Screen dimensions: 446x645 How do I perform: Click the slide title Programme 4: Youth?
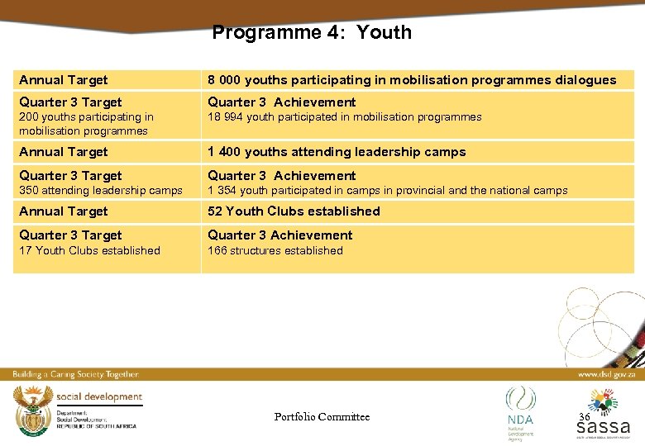coord(311,33)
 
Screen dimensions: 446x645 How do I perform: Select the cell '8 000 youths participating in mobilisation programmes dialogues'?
coord(411,80)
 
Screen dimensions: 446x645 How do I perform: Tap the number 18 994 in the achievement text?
coord(222,117)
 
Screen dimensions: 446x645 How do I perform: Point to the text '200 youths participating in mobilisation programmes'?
coord(86,124)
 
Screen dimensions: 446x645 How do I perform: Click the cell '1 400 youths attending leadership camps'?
coord(337,152)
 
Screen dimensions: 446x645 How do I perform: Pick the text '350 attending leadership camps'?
coord(100,191)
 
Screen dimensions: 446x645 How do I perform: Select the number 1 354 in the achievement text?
coord(220,191)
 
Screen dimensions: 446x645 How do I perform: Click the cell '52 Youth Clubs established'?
coord(294,211)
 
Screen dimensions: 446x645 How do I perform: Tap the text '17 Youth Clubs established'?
coord(89,250)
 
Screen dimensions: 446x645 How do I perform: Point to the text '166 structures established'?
coord(275,250)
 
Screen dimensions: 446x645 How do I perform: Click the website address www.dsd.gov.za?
coord(606,374)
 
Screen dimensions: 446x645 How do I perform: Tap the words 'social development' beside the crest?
coord(99,397)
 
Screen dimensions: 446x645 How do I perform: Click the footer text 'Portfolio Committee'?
coord(322,417)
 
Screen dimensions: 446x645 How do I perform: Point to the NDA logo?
coord(520,408)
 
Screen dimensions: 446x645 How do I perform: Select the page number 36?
coord(584,417)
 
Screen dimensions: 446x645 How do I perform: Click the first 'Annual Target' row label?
coord(64,80)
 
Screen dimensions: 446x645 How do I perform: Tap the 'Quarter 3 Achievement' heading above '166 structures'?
coord(279,235)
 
